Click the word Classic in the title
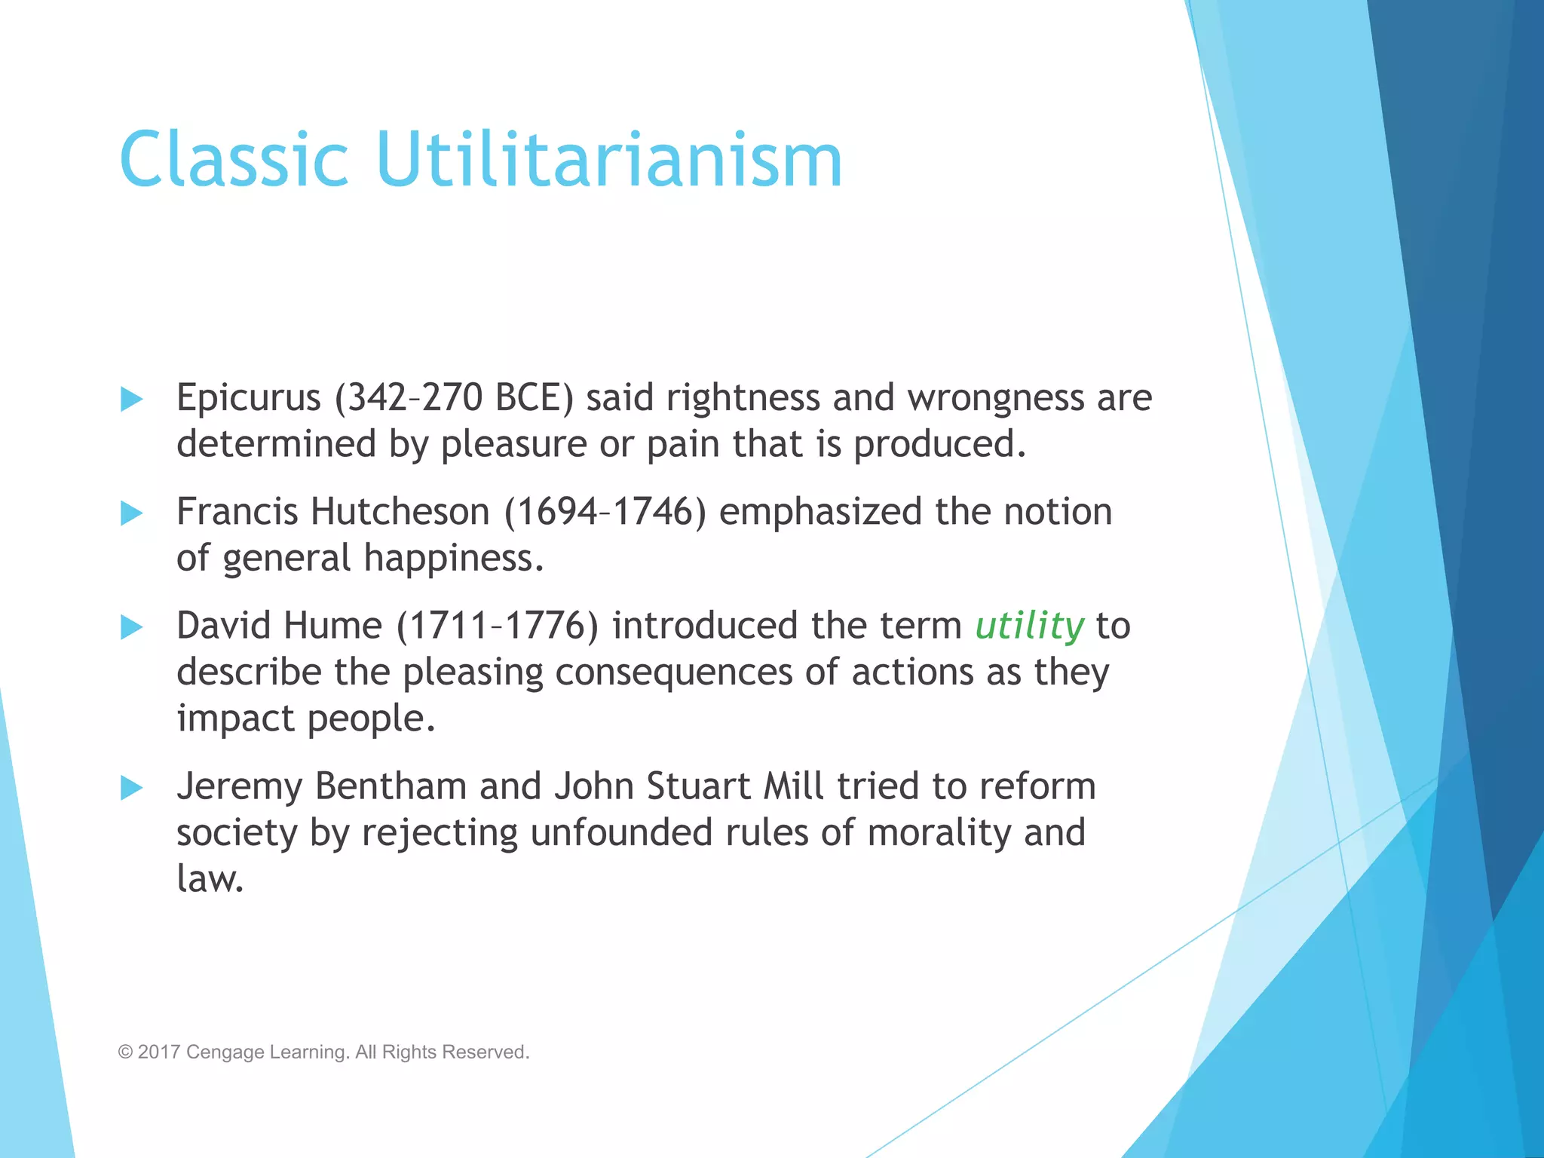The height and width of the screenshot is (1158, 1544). coord(234,160)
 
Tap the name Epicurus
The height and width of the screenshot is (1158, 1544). coord(248,397)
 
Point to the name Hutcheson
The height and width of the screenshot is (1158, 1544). coord(400,512)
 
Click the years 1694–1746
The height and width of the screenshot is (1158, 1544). coord(605,512)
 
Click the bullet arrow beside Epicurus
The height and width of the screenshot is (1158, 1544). coord(132,399)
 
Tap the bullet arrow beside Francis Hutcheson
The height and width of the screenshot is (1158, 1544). coord(132,513)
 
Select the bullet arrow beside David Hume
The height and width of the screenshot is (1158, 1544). coord(132,627)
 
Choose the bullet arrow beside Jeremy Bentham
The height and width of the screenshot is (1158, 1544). coord(132,788)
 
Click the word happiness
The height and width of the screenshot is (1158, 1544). coord(452,559)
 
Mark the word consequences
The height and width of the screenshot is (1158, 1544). coord(673,672)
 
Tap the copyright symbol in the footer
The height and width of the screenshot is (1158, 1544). coord(125,1052)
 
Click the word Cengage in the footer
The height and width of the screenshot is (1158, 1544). coord(222,1052)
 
